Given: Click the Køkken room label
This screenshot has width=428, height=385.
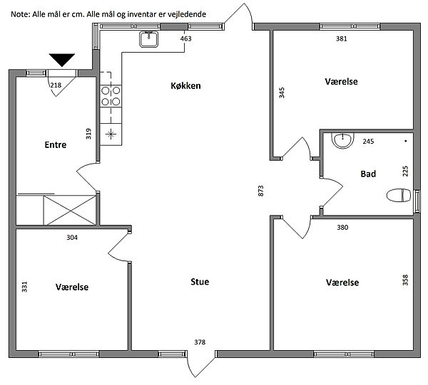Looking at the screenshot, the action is coord(185,86).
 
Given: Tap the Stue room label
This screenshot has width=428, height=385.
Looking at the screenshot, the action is coord(200,282).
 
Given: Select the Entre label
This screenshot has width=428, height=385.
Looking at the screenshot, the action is coord(56,144).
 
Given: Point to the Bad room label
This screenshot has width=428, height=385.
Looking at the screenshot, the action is coord(368,174).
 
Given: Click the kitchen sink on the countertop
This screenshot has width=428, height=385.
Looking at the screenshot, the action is coord(149,39).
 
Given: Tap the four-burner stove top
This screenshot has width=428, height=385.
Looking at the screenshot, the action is coord(111,96).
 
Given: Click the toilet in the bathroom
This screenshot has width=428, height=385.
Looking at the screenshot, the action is coord(399,195).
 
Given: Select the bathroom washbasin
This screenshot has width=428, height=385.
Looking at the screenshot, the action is coord(342,140).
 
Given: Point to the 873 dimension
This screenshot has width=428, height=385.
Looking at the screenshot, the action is coord(261,191).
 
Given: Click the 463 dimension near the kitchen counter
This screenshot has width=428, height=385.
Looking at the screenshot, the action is coord(186,38).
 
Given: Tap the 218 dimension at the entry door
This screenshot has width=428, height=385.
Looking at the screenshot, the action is coord(56,85).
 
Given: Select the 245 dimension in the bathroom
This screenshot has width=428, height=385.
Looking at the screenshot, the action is coord(368,142).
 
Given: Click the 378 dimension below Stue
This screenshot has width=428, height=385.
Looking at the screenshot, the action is coord(200,342).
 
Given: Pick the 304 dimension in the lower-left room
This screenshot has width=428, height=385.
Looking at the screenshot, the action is coord(72,238).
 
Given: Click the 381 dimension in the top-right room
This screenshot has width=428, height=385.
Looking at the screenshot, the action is coord(342,38).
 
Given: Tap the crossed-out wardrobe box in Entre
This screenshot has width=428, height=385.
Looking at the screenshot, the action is coord(70,210).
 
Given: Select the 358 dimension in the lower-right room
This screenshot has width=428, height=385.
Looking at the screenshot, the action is coord(406,280).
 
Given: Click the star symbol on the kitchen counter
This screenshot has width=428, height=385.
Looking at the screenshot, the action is coord(111,134).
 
